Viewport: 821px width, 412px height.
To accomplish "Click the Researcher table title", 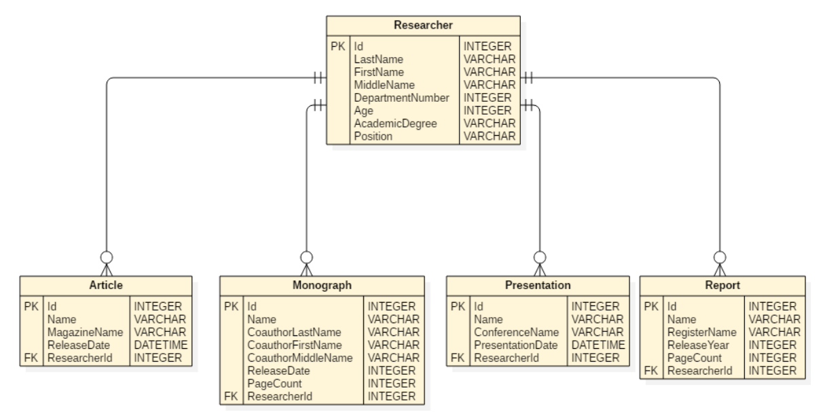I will (424, 26).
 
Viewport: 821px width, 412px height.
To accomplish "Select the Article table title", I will (106, 286).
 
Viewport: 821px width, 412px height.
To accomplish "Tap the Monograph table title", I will (322, 286).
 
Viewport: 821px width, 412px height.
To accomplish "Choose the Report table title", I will (723, 286).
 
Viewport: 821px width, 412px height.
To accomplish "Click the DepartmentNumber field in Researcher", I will (401, 98).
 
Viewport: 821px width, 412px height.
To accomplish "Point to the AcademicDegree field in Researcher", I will (395, 124).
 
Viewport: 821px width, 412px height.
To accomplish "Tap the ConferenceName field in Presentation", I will (516, 332).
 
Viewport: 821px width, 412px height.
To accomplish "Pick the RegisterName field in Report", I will (701, 332).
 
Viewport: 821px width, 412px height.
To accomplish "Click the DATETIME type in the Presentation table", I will (596, 345).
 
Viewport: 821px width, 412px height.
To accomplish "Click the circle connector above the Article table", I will (107, 257).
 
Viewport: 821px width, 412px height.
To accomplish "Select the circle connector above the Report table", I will (720, 257).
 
